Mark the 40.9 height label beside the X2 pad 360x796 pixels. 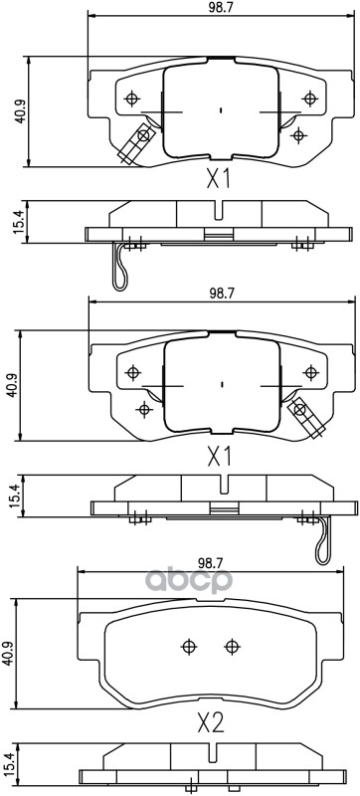click(x=10, y=653)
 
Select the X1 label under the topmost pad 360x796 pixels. click(x=218, y=179)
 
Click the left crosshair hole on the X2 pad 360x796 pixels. click(x=189, y=646)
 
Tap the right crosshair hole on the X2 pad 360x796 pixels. click(x=231, y=646)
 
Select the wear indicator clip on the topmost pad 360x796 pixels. click(x=133, y=143)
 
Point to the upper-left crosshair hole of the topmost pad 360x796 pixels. click(x=132, y=97)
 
